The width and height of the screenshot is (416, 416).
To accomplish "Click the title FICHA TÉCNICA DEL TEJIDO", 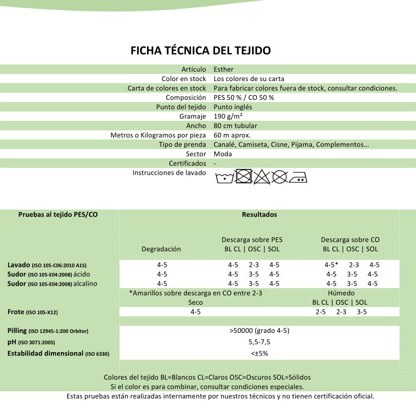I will (x=200, y=50).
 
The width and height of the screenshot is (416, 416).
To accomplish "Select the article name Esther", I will (x=223, y=69).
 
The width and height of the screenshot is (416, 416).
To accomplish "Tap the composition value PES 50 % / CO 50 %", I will (x=244, y=97).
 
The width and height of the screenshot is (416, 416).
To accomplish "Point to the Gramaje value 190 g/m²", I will (x=230, y=116).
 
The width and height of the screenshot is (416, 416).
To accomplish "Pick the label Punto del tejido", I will (x=181, y=107).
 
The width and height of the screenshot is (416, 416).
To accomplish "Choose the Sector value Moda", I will (x=223, y=154).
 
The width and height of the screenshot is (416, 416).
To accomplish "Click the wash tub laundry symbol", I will (x=224, y=177).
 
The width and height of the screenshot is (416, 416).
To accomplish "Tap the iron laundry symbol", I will (x=297, y=177).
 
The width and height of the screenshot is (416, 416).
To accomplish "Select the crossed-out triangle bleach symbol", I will (x=261, y=177).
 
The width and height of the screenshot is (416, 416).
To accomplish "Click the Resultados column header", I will (x=259, y=214).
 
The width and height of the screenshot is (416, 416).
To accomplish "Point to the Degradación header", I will (x=161, y=249).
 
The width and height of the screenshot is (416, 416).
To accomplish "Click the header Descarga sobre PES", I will (x=252, y=240).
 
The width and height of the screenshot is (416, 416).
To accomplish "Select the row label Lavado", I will (x=18, y=265).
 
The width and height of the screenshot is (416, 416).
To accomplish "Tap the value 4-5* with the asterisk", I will (x=331, y=265).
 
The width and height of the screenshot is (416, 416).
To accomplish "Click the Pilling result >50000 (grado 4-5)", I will (x=259, y=331).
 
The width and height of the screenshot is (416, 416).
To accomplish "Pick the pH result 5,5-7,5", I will (x=259, y=342).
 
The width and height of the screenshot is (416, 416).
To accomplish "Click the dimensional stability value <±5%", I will (x=259, y=353).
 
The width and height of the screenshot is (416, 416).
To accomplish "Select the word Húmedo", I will (x=341, y=293).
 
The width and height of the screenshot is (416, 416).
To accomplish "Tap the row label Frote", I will (x=16, y=312).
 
